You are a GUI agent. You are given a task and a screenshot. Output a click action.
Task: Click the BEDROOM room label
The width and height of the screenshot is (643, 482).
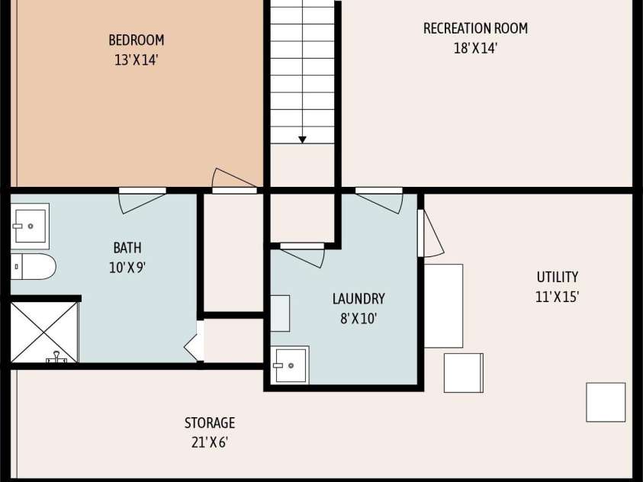pyautogui.click(x=137, y=40)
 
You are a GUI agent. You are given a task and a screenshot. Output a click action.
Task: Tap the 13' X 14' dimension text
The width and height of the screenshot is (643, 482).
pyautogui.click(x=136, y=61)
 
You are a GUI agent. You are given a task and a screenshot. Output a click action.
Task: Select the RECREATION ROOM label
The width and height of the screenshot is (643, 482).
pyautogui.click(x=475, y=28)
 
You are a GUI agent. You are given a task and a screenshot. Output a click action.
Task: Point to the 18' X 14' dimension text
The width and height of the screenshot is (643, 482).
pyautogui.click(x=475, y=48)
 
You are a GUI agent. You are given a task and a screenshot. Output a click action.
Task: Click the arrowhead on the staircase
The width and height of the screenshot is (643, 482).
pyautogui.click(x=302, y=140)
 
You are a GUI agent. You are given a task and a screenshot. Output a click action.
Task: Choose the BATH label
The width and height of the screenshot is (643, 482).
pyautogui.click(x=127, y=248)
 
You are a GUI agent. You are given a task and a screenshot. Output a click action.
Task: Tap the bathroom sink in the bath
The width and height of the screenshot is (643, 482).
pyautogui.click(x=30, y=227)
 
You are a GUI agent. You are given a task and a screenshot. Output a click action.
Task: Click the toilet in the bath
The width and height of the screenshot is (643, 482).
pyautogui.click(x=33, y=266)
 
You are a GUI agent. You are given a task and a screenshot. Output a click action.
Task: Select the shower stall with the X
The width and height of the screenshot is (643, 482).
pyautogui.click(x=44, y=333)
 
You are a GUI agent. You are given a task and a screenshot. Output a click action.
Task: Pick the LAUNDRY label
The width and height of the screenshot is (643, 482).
pyautogui.click(x=358, y=298)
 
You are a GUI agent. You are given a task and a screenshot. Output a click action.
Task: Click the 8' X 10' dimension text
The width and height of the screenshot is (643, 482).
pyautogui.click(x=358, y=319)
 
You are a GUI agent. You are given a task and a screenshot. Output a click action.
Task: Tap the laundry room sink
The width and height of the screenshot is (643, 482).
pyautogui.click(x=290, y=365)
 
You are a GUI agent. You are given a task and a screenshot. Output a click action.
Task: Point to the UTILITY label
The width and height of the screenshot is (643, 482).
pyautogui.click(x=558, y=277)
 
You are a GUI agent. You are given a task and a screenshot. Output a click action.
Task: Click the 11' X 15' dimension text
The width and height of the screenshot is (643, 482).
pyautogui.click(x=558, y=297)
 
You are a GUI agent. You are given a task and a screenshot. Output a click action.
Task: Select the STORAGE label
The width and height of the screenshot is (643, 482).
pyautogui.click(x=210, y=423)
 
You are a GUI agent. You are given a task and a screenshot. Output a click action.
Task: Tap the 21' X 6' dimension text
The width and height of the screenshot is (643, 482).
pyautogui.click(x=210, y=442)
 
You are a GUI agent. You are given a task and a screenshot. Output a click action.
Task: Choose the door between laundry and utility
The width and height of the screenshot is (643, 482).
pyautogui.click(x=431, y=233)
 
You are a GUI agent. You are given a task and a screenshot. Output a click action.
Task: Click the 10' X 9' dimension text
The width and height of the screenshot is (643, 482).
pyautogui.click(x=127, y=268)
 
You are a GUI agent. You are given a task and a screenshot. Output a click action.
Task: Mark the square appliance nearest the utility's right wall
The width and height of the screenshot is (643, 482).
pyautogui.click(x=606, y=402)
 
